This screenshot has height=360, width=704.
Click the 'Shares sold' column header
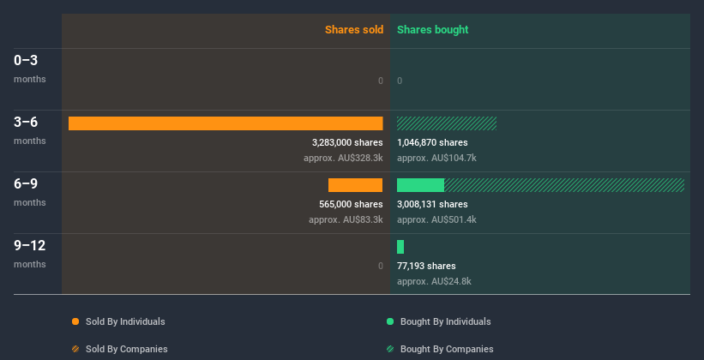tap(353, 30)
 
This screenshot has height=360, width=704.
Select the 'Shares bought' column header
tap(432, 30)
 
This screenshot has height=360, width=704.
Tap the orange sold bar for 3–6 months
tap(226, 123)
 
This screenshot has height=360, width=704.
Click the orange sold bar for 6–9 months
tap(355, 185)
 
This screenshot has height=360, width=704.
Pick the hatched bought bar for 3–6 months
tap(447, 123)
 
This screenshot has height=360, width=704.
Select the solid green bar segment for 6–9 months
tap(420, 185)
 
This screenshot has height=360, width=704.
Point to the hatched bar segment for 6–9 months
tap(563, 185)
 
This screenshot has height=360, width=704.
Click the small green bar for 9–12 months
tap(400, 247)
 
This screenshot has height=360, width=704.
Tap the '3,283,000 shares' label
tap(347, 142)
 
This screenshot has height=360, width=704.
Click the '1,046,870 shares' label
tap(432, 142)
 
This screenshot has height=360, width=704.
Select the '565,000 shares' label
tap(351, 204)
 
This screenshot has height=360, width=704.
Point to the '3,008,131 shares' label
tap(432, 204)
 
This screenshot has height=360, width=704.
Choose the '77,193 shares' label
tap(426, 266)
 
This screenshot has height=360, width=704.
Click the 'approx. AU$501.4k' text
tap(436, 219)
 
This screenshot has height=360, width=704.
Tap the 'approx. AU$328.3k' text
tap(343, 158)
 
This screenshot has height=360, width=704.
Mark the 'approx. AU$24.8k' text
tap(434, 281)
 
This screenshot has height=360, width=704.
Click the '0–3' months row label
tap(26, 60)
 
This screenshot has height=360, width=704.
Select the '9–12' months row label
tap(29, 245)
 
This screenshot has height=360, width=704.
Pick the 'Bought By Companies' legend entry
tap(446, 349)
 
